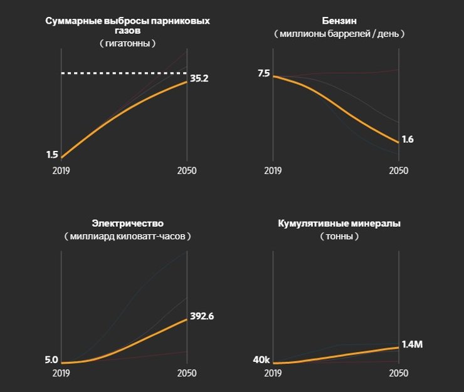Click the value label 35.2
coord(199,79)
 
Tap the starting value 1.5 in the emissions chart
coord(52,155)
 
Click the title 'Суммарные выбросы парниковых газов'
coord(127,25)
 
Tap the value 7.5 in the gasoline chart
coord(263,73)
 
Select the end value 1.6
coord(408,139)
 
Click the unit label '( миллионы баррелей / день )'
coord(339,34)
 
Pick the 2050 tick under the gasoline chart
coord(399,171)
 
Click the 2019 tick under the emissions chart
coord(61,171)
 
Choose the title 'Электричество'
coord(127,223)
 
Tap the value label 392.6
coord(202,316)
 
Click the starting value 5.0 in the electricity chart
coord(51,360)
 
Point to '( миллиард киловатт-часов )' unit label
coord(127,237)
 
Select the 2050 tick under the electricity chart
coord(187,373)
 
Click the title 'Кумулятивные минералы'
coord(339,223)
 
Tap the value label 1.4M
coord(413,344)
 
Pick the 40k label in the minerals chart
coord(261,360)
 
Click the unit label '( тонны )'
coord(339,237)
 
